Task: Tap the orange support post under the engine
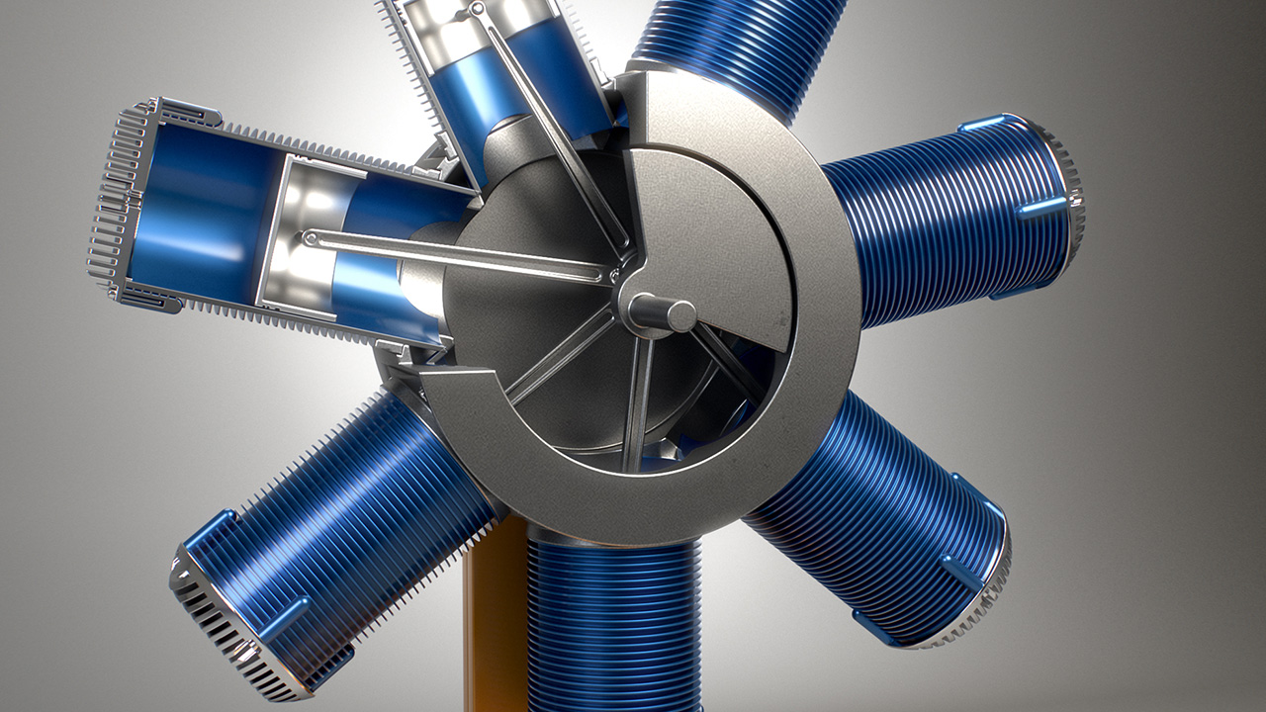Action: tap(495, 613)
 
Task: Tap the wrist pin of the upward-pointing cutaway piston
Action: tap(478, 10)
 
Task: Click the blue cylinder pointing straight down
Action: tap(613, 623)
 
